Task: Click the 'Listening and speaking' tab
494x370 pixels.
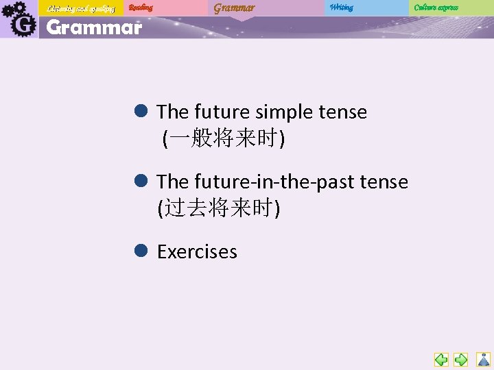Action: click(81, 8)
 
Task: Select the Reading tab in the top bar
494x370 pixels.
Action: click(141, 8)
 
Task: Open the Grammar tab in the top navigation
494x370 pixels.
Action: click(234, 8)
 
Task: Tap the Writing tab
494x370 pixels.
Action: click(341, 8)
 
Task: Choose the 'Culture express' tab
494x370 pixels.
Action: click(436, 8)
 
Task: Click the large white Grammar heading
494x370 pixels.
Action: click(94, 28)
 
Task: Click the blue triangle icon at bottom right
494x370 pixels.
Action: click(484, 359)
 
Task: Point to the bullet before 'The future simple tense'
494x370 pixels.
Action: click(142, 110)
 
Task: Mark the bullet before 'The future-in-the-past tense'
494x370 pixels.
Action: click(142, 180)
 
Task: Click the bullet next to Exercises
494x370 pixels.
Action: click(142, 251)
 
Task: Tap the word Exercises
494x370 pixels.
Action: click(197, 251)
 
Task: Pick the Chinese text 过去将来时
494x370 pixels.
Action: click(219, 208)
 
